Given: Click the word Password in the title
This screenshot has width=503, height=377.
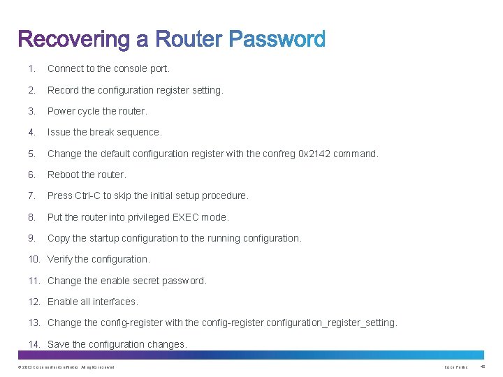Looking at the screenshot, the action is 277,40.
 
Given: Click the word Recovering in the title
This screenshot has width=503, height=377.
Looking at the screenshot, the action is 73,40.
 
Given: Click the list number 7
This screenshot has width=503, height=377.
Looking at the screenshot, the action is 31,195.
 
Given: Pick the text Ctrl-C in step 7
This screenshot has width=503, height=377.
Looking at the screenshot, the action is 87,195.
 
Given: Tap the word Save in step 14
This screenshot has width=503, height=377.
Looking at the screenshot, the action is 59,344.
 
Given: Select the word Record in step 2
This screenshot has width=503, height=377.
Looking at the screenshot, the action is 63,90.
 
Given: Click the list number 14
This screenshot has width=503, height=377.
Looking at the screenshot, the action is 34,344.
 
